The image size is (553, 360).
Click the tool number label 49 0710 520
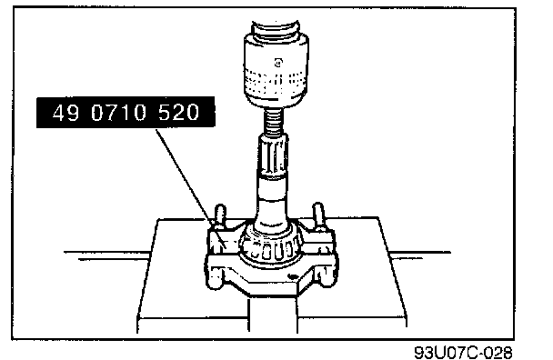pos(126,112)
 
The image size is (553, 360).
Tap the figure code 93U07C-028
pos(464,352)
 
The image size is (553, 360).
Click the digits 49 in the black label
pos(65,113)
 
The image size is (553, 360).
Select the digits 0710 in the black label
pos(118,113)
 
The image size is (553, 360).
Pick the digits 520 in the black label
pos(179,113)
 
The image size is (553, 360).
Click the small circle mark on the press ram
pos(278,63)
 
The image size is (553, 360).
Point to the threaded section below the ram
pos(276,120)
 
